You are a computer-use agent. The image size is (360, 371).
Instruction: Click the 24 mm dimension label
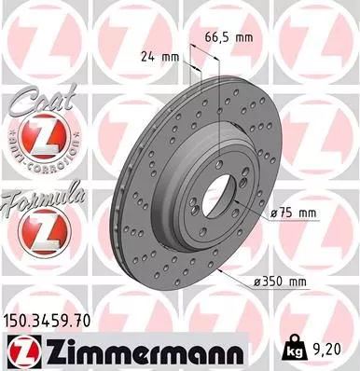pyautogui.click(x=156, y=55)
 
